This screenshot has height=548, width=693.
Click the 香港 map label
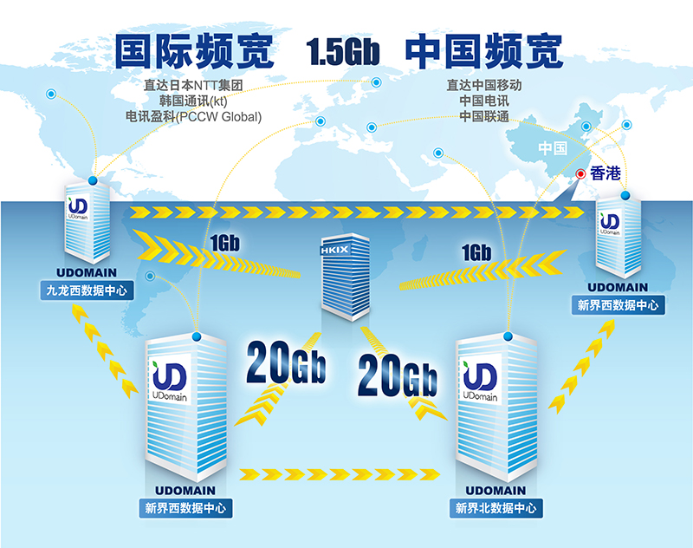606,173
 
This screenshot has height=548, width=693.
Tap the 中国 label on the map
551,147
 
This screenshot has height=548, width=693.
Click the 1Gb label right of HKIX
476,252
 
